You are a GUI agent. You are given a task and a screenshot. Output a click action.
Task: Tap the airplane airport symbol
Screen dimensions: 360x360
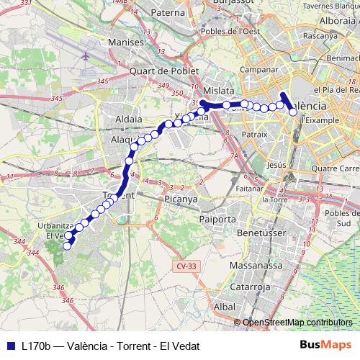[x=86, y=55]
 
